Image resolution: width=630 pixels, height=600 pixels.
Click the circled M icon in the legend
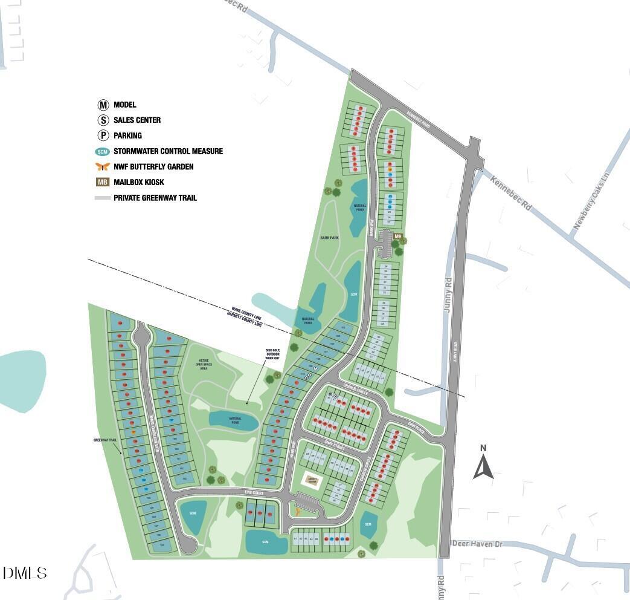click(x=103, y=105)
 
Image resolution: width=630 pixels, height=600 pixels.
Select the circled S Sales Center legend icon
click(x=103, y=120)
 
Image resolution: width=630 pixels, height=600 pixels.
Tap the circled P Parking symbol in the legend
click(x=103, y=135)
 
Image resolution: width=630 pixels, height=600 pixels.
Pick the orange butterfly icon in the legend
click(x=103, y=167)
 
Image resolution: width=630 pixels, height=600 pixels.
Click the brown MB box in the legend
click(x=103, y=182)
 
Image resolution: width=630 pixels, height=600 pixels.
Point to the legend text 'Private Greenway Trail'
click(x=155, y=198)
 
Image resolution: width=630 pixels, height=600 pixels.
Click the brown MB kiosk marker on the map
click(x=397, y=236)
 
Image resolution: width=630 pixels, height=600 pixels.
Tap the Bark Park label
click(x=329, y=238)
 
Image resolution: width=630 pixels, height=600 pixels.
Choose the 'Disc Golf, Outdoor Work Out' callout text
click(x=272, y=354)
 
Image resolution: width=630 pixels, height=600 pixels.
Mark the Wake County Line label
click(x=245, y=310)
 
